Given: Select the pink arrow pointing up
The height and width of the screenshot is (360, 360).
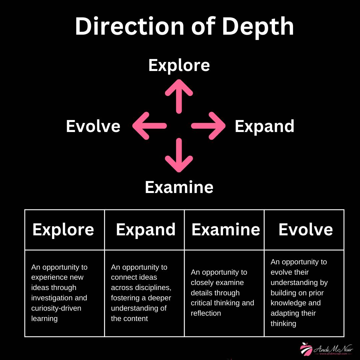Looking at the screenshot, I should [179, 96].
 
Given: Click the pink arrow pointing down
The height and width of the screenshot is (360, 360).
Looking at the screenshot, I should [179, 155].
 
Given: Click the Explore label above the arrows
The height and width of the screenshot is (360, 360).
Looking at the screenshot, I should [179, 65].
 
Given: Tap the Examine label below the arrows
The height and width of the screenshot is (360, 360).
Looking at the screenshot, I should [179, 187].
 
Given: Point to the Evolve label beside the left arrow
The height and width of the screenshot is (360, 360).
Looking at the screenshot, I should [93, 126].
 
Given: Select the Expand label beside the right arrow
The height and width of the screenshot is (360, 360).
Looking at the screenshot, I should [264, 126].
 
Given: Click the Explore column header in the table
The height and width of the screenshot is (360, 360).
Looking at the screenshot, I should [63, 230].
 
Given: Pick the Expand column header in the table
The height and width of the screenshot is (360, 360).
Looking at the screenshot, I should [146, 230].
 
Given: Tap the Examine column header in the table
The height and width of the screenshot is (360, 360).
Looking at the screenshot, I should [226, 230].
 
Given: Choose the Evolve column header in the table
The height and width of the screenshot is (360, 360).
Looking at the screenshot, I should [306, 230].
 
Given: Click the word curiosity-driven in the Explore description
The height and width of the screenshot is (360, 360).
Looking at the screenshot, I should [56, 308].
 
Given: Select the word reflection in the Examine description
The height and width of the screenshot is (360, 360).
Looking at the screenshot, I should [206, 313].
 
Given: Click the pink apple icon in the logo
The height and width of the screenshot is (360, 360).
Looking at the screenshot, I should [306, 349].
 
